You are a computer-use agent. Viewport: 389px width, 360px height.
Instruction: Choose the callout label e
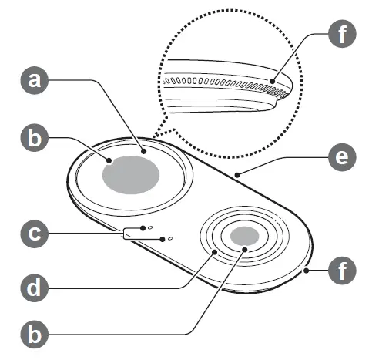[342, 158]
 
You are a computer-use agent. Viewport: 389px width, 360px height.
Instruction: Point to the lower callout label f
[342, 271]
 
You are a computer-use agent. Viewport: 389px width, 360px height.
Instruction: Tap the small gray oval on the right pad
[244, 237]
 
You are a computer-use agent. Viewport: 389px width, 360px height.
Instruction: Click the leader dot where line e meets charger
[239, 176]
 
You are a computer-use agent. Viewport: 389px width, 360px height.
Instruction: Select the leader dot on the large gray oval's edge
[111, 160]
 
